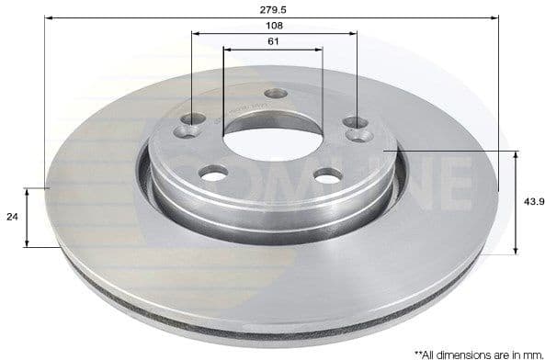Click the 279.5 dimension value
coord(273,8)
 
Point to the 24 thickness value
coord(12,218)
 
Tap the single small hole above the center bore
coord(275,94)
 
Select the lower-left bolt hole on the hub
coord(214,173)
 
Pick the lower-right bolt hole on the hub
coord(327,174)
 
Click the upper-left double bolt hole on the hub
coord(191,125)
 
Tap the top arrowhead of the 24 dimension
coord(28,191)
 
